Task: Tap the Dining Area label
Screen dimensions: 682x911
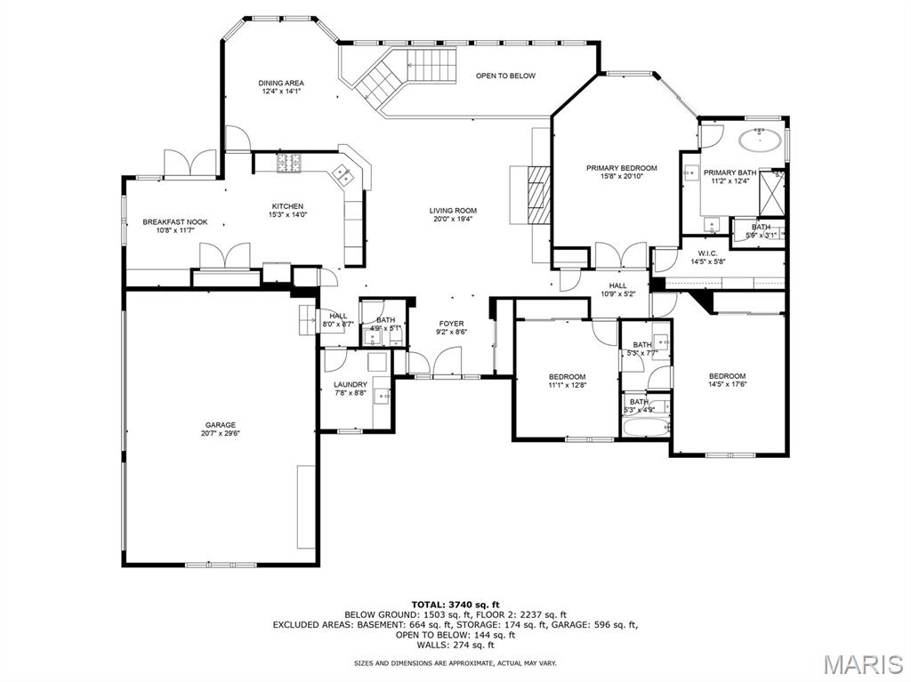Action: point(281,83)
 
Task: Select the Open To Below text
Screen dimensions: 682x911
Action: point(505,76)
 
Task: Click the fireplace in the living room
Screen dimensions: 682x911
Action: point(537,194)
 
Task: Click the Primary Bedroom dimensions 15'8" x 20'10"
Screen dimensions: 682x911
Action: point(621,176)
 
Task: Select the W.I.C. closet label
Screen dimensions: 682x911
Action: point(707,253)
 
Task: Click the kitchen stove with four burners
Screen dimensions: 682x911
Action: point(289,163)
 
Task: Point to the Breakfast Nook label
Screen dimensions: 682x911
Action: point(175,221)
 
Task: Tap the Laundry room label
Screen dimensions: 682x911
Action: point(351,384)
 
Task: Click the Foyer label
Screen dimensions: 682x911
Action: point(451,324)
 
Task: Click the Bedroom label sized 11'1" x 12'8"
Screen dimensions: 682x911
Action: point(567,376)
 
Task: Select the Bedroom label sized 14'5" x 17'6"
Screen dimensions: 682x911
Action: point(727,376)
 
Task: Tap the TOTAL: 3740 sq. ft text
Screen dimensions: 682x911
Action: point(455,604)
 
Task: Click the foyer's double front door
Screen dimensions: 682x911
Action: point(435,365)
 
